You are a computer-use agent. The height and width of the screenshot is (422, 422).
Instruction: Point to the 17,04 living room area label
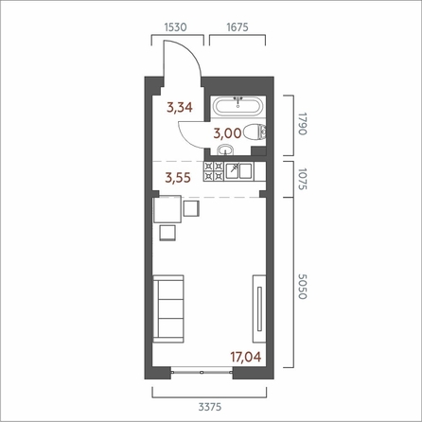[x=243, y=358]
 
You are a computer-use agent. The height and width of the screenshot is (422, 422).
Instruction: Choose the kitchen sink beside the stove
[x=244, y=170]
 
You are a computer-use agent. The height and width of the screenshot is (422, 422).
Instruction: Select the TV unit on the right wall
[x=258, y=307]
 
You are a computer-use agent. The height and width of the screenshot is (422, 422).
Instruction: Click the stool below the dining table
[x=168, y=233]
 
